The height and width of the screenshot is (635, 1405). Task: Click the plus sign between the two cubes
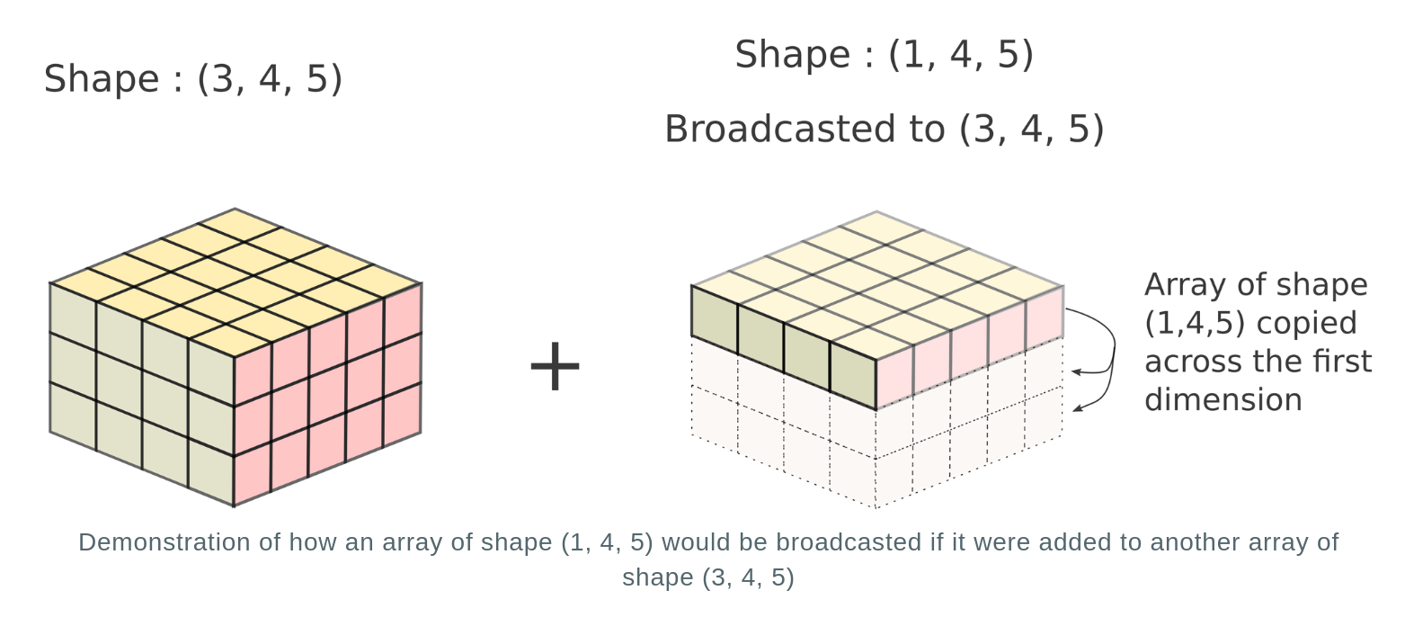555,366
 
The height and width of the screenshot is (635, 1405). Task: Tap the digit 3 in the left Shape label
222,79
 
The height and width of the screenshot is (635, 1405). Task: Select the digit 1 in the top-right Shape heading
912,55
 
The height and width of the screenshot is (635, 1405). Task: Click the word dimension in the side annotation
1223,400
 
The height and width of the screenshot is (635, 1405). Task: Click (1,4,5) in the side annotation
1194,324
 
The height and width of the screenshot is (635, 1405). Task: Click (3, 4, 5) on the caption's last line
747,577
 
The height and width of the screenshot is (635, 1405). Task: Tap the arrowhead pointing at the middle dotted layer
1076,371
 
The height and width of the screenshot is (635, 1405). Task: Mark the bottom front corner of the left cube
234,505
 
